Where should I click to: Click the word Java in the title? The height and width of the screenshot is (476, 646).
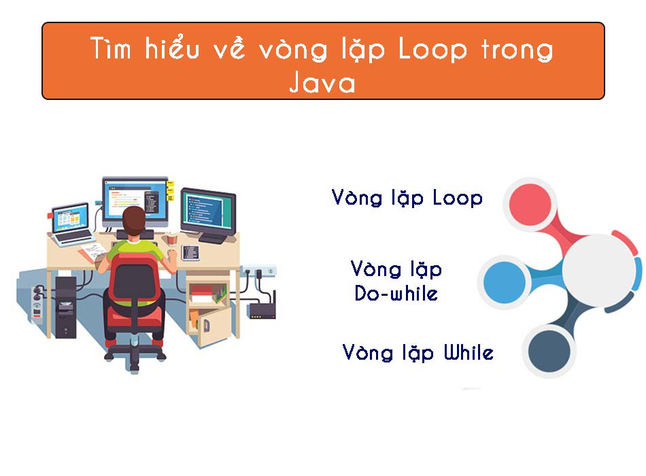click(322, 83)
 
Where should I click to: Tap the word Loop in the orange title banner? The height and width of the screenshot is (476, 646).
click(431, 50)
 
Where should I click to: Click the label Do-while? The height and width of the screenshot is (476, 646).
click(396, 294)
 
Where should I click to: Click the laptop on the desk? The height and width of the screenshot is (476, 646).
click(71, 222)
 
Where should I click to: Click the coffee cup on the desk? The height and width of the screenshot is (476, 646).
click(171, 239)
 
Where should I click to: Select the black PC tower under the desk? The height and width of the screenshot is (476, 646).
click(66, 306)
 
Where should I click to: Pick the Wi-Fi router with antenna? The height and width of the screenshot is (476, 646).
click(262, 309)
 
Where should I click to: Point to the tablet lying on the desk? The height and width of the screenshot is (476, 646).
click(190, 252)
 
